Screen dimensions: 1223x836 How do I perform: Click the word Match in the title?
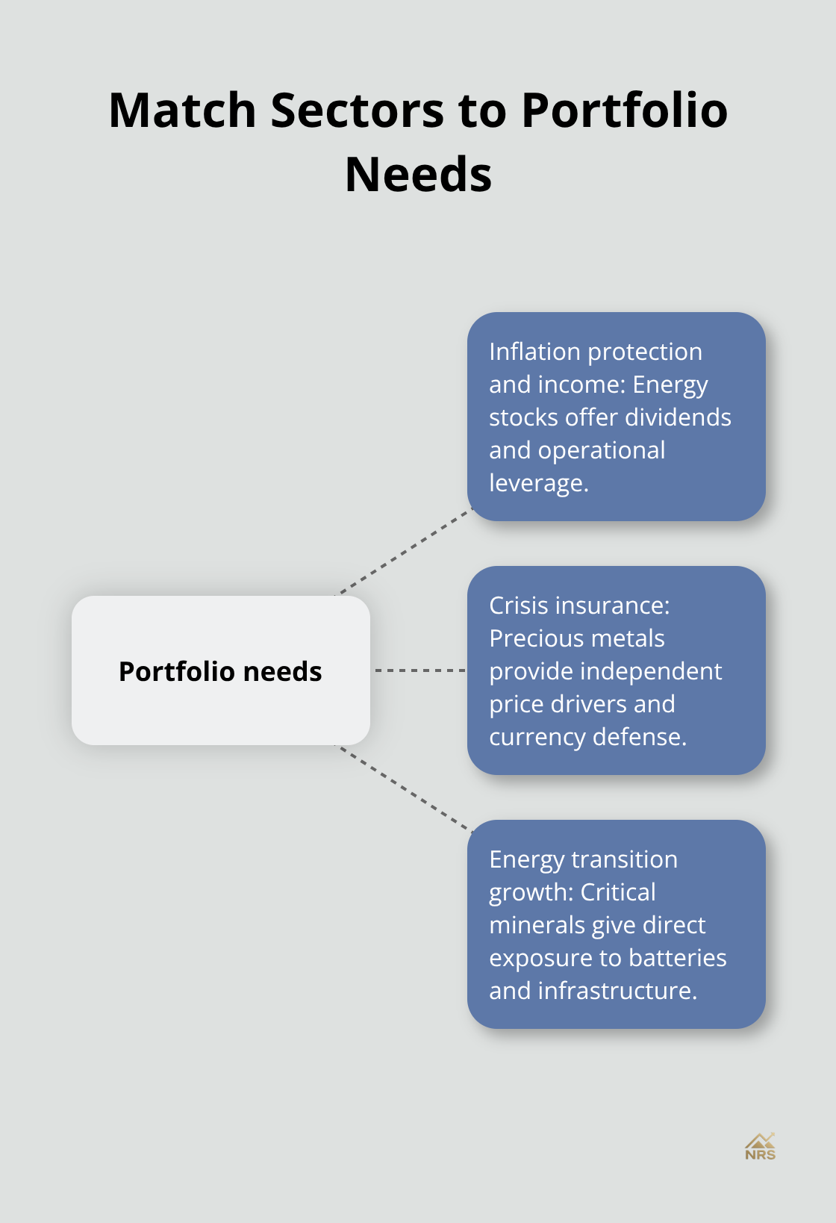click(183, 111)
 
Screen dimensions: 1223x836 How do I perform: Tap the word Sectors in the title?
click(357, 111)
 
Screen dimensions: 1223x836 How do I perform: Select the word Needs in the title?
click(418, 175)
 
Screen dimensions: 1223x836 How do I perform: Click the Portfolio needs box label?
click(220, 671)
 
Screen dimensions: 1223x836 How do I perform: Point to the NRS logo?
click(760, 1147)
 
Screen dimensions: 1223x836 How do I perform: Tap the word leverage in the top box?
click(538, 483)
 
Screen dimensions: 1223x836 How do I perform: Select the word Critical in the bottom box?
click(618, 892)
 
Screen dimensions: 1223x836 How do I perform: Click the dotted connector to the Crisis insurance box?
click(419, 670)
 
